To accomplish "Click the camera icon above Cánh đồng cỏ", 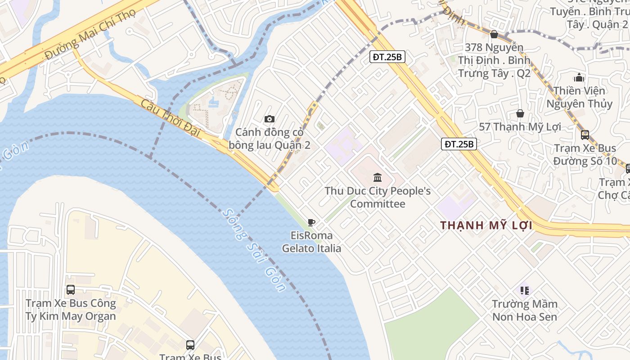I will [270, 119].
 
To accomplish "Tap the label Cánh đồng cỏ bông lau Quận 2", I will [269, 139].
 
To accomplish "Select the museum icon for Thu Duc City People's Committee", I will [378, 177].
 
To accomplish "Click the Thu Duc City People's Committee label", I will [378, 198].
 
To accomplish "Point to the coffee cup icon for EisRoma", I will [311, 222].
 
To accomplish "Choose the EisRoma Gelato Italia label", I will [311, 242].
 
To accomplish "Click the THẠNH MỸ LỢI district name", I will [486, 225].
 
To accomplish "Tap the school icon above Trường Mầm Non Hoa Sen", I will [524, 290].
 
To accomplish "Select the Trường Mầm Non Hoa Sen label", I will [524, 310].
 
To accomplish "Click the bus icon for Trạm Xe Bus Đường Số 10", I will [585, 135].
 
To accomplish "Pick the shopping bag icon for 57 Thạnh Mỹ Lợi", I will [520, 113].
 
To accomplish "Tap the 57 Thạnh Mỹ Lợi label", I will [520, 127].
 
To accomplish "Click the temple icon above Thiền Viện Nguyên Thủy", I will [579, 77].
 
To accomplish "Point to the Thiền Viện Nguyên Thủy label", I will [579, 97].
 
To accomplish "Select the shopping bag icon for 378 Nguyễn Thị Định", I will [494, 34].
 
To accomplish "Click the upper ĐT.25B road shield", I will [387, 57].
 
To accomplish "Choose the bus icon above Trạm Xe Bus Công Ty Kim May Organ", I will [71, 290].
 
